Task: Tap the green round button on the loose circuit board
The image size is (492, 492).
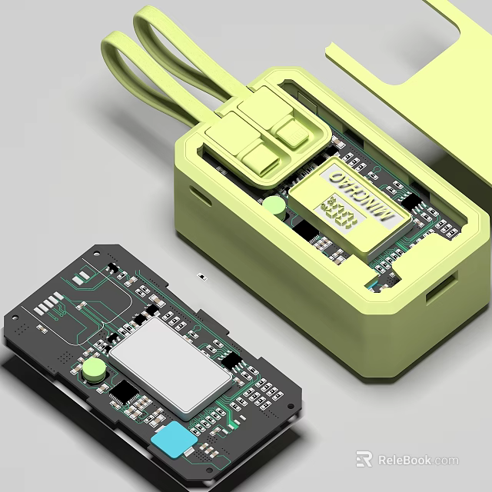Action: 95,370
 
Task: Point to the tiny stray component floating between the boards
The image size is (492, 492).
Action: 201,274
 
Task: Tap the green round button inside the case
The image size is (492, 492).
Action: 274,205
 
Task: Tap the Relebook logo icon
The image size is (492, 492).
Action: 364,460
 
